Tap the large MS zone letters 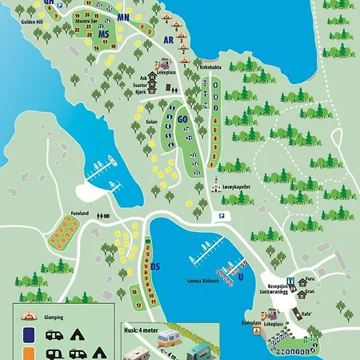pos(102,34)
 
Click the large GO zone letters pos(182,119)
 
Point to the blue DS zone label pos(156,266)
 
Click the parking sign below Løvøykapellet pos(222,215)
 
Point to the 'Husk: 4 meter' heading pos(143,327)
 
